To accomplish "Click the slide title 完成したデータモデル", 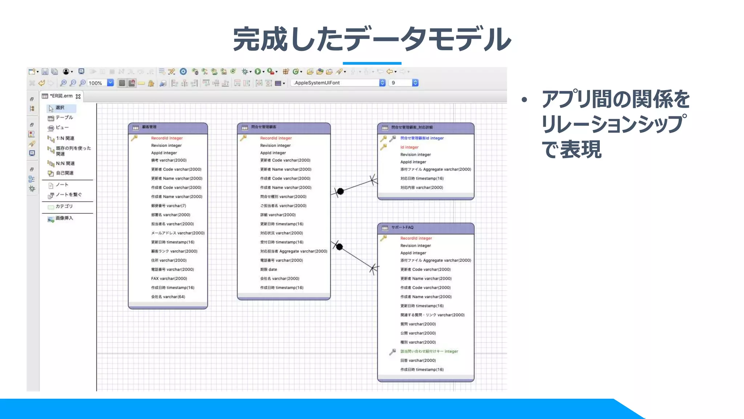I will pyautogui.click(x=372, y=39).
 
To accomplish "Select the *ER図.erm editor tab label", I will pyautogui.click(x=61, y=96).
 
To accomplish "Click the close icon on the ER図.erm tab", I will pyautogui.click(x=78, y=96).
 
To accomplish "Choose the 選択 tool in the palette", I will pyautogui.click(x=60, y=108).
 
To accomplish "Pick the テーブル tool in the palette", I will pyautogui.click(x=64, y=117).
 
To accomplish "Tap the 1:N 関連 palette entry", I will pyautogui.click(x=65, y=138).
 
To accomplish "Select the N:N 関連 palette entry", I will pyautogui.click(x=65, y=163).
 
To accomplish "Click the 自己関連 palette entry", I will pyautogui.click(x=64, y=173).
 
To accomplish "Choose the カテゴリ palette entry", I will pyautogui.click(x=64, y=206).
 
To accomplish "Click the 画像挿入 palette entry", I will pyautogui.click(x=64, y=218).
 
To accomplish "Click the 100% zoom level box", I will pyautogui.click(x=96, y=83).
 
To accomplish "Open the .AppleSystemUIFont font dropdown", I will pyautogui.click(x=382, y=83).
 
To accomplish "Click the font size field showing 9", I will pyautogui.click(x=400, y=83).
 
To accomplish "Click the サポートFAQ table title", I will pyautogui.click(x=402, y=228).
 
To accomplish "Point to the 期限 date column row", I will pyautogui.click(x=268, y=270).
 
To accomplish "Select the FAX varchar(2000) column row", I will pyautogui.click(x=169, y=279).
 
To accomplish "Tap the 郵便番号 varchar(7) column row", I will pyautogui.click(x=169, y=206).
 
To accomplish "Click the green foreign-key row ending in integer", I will pyautogui.click(x=429, y=351).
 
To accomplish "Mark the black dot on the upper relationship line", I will pyautogui.click(x=340, y=191).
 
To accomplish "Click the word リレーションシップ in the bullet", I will pyautogui.click(x=614, y=124).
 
